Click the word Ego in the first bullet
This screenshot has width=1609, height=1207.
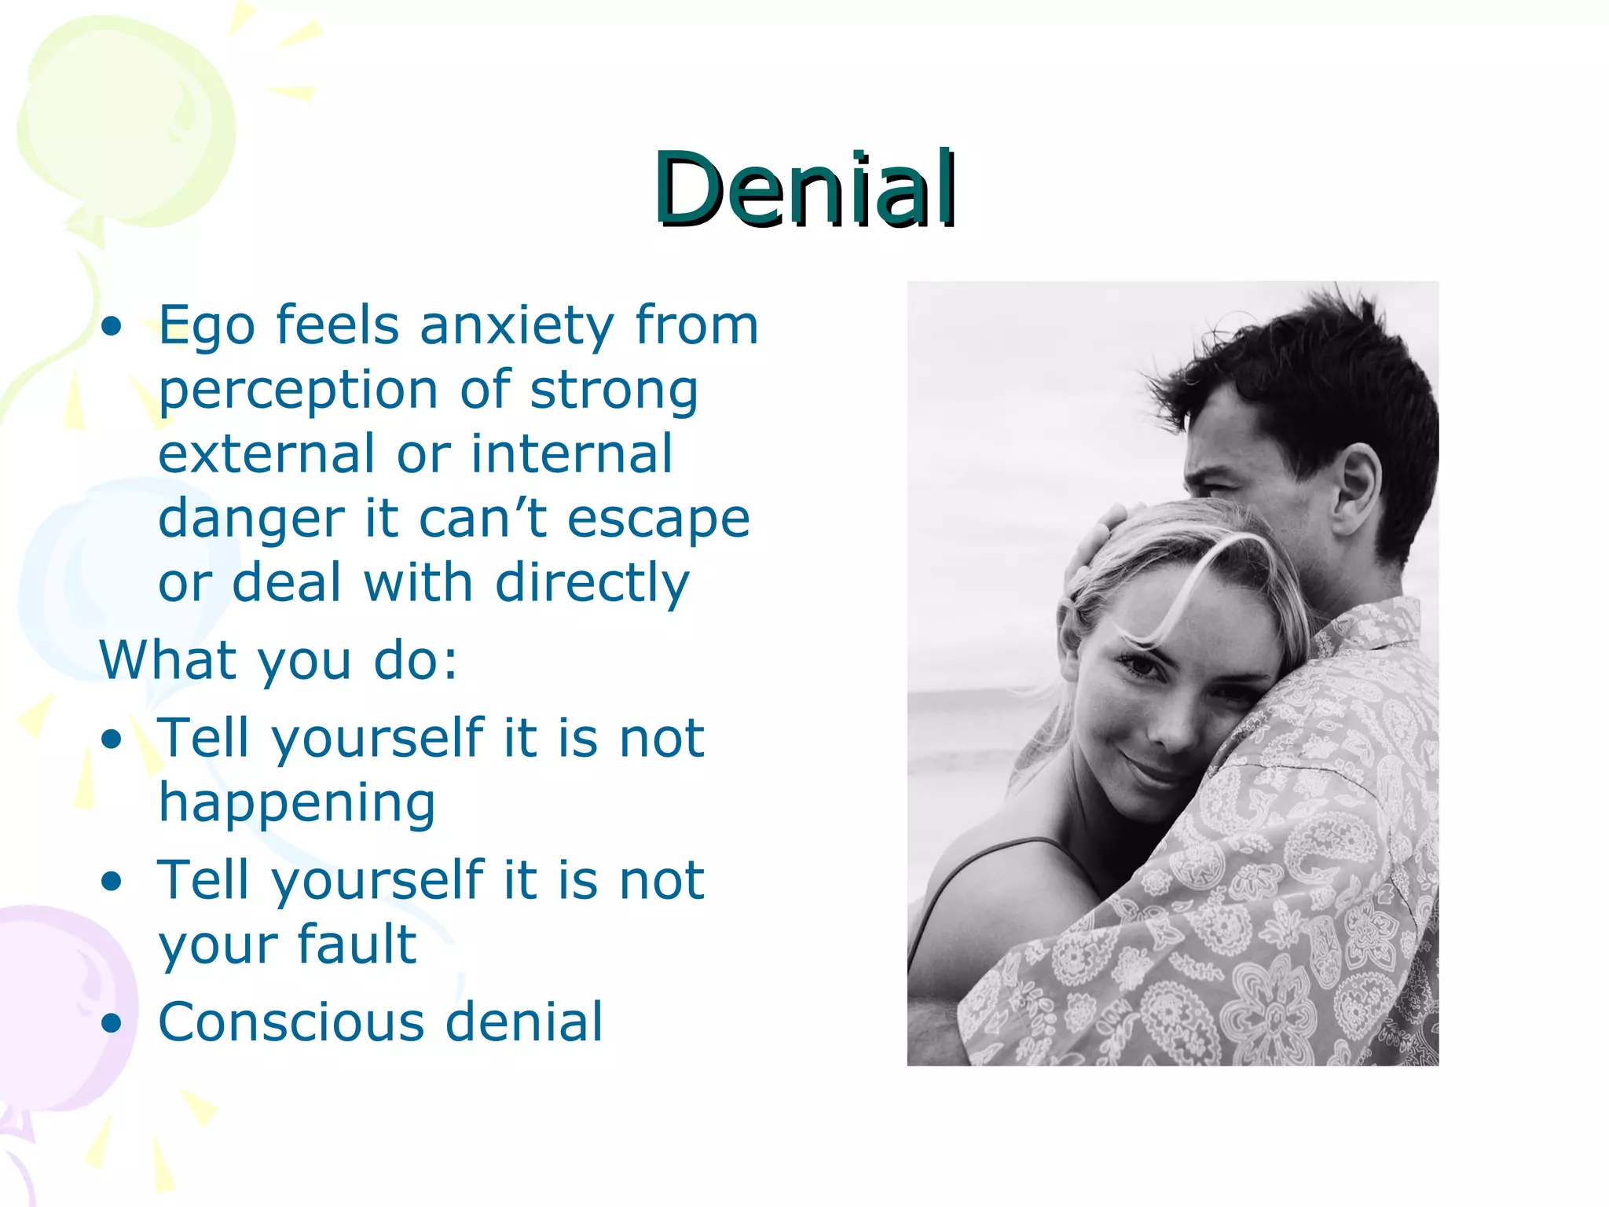(x=207, y=326)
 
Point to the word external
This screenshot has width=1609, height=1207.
(x=266, y=454)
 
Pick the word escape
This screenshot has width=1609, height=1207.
(x=658, y=519)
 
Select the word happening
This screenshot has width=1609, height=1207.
(x=297, y=803)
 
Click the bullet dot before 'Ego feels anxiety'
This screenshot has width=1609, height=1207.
(x=112, y=326)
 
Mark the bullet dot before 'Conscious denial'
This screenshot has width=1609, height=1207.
(x=112, y=1022)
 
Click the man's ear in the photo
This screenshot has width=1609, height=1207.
(x=1358, y=491)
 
